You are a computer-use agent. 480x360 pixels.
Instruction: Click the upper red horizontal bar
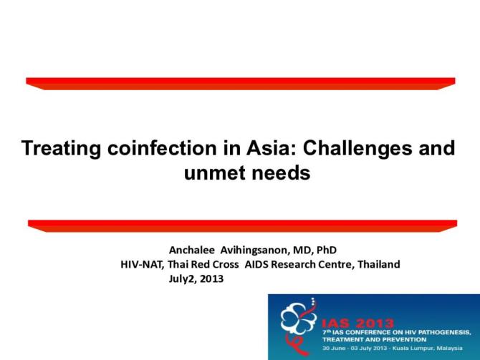coord(240,83)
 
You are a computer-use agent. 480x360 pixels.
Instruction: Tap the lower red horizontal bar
coord(240,225)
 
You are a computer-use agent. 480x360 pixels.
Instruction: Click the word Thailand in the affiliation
coord(377,264)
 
